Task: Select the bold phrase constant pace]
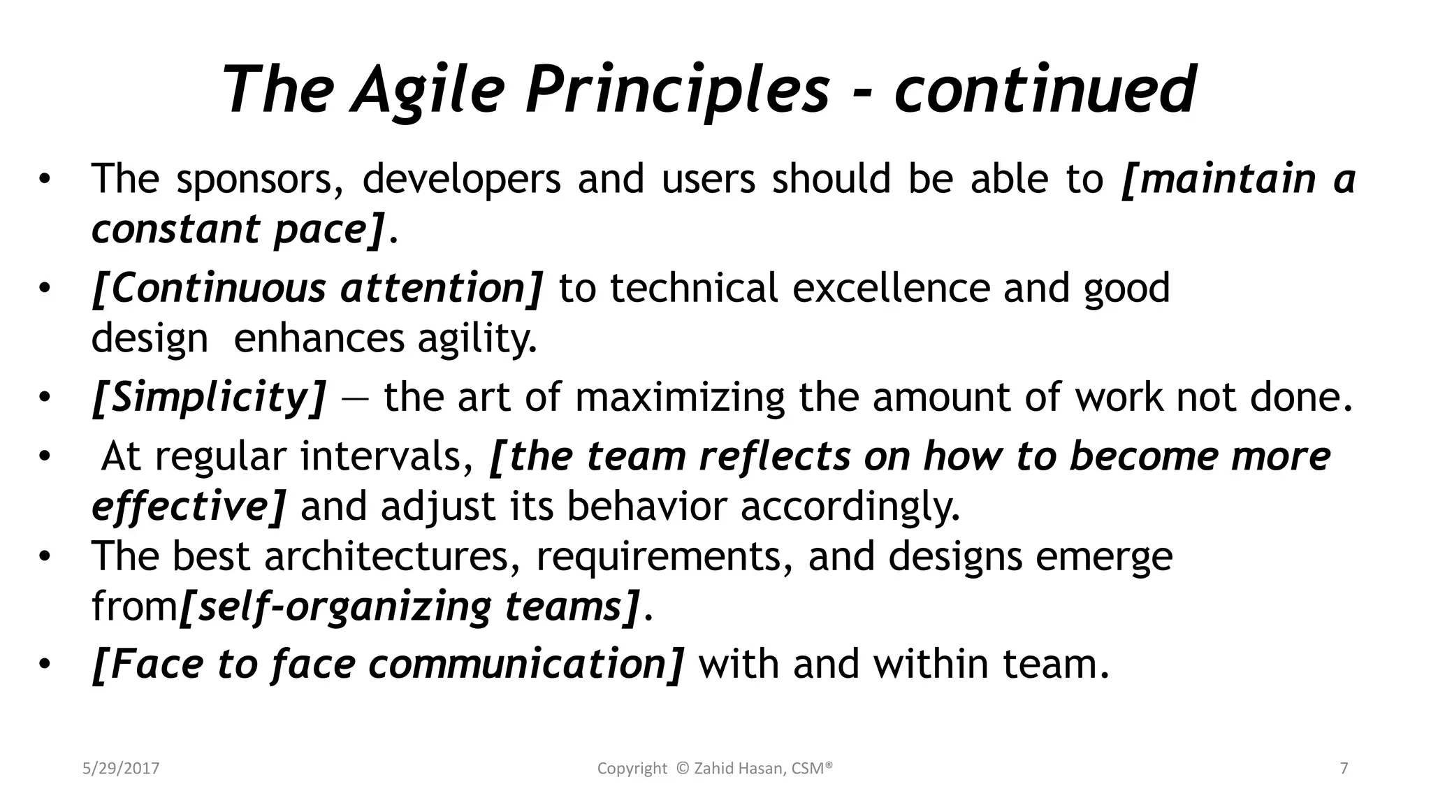[x=238, y=229]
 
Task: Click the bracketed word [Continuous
[x=210, y=289]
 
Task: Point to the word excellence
[x=891, y=289]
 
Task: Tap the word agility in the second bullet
[x=477, y=339]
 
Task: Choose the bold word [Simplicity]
[x=208, y=398]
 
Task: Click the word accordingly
[x=850, y=507]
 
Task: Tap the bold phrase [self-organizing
[x=335, y=607]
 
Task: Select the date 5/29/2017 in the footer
[x=121, y=769]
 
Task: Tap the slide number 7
[x=1344, y=769]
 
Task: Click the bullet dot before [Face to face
[x=45, y=665]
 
